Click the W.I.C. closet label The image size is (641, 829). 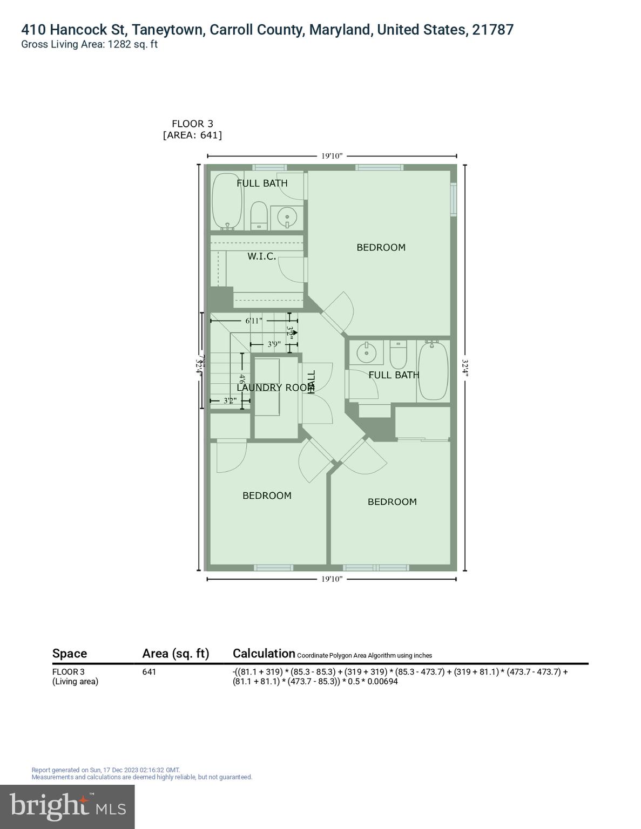tap(262, 256)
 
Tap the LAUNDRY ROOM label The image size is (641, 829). tap(275, 388)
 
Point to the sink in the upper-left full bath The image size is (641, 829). tap(287, 217)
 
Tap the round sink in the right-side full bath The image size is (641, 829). tap(367, 354)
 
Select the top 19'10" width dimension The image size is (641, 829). tap(332, 156)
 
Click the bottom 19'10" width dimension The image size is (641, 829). tap(332, 579)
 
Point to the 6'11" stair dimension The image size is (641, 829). tap(254, 321)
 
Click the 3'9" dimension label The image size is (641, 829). tap(274, 344)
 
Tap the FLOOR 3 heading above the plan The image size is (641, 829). tap(192, 124)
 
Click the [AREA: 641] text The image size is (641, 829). tap(192, 135)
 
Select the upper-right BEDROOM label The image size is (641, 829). tap(381, 247)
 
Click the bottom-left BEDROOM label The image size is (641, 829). tap(267, 495)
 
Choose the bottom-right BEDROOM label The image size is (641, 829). tap(392, 501)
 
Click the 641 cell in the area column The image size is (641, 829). tap(149, 672)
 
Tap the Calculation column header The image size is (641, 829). tap(264, 653)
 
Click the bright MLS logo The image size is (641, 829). tap(68, 806)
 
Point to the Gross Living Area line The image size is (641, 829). tap(89, 44)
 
